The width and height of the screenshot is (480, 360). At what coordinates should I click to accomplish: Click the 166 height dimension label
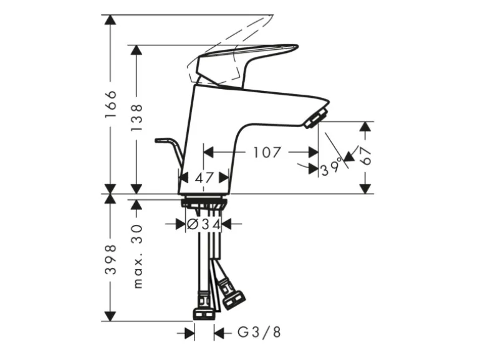click(x=110, y=104)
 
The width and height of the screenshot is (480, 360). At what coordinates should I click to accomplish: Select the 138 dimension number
click(x=137, y=118)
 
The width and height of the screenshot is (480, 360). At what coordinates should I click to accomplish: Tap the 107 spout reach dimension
click(x=267, y=152)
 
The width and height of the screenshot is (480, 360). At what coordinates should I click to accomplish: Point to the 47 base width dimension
click(x=204, y=178)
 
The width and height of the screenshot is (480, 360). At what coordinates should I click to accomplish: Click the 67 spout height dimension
click(x=365, y=155)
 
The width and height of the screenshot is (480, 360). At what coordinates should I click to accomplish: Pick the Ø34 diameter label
click(x=204, y=224)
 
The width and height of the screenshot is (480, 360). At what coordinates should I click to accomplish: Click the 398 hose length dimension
click(x=110, y=259)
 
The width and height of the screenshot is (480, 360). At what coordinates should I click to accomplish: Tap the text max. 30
click(x=137, y=257)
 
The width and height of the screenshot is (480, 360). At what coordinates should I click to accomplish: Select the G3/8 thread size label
click(x=259, y=332)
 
